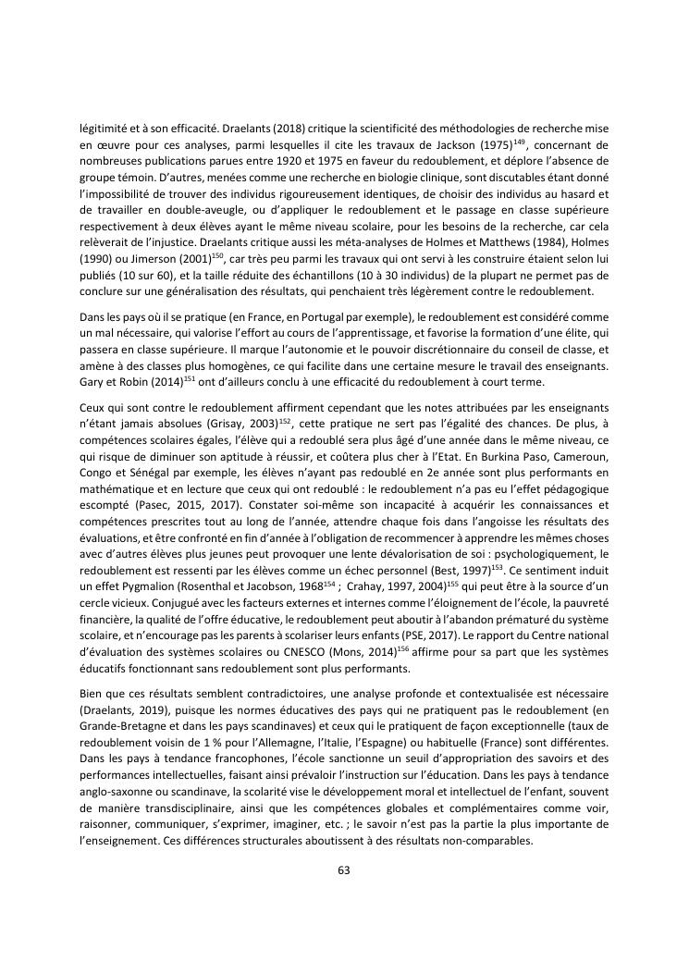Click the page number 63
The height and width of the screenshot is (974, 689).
pyautogui.click(x=344, y=869)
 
